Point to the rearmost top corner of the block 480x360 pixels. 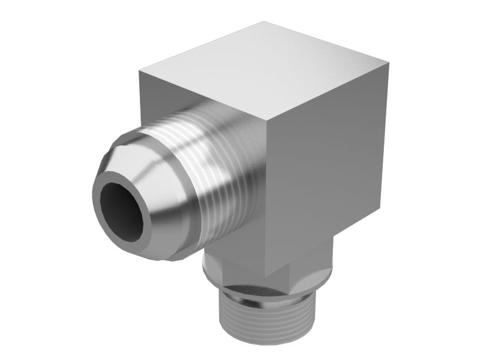(265, 22)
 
